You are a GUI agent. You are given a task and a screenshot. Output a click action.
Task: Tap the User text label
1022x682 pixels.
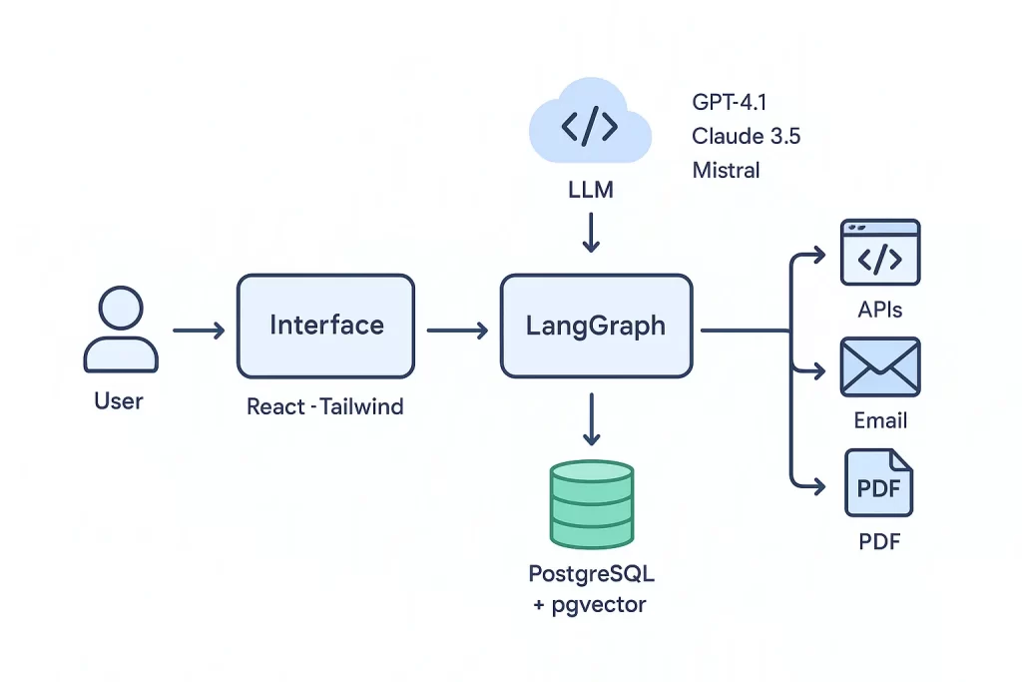[119, 401]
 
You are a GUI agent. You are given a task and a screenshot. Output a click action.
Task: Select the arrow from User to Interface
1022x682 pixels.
[199, 330]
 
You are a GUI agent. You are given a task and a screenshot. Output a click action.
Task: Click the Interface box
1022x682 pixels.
[325, 327]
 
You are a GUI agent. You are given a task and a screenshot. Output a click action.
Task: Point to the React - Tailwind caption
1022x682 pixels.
[324, 407]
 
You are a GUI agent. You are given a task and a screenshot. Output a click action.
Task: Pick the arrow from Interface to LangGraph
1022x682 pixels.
[456, 330]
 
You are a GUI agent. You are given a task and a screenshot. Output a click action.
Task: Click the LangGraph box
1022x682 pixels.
[596, 327]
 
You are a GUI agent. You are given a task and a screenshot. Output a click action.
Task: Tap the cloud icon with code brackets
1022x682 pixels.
[589, 127]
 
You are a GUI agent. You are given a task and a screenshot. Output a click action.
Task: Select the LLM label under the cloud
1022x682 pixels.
[590, 189]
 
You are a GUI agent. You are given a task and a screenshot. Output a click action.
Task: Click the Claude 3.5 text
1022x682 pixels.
[746, 136]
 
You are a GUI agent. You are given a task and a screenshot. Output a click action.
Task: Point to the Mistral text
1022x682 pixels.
[726, 170]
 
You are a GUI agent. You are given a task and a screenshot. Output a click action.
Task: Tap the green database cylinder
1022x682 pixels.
[592, 503]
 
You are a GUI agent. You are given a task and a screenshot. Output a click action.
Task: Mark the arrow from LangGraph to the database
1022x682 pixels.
[592, 419]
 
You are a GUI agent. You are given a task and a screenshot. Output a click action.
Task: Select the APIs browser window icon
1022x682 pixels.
[880, 255]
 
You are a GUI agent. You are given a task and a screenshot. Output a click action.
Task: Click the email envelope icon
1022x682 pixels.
[880, 366]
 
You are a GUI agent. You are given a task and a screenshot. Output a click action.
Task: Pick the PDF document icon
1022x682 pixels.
[878, 483]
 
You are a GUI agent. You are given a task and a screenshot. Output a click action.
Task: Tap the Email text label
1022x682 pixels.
[880, 420]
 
